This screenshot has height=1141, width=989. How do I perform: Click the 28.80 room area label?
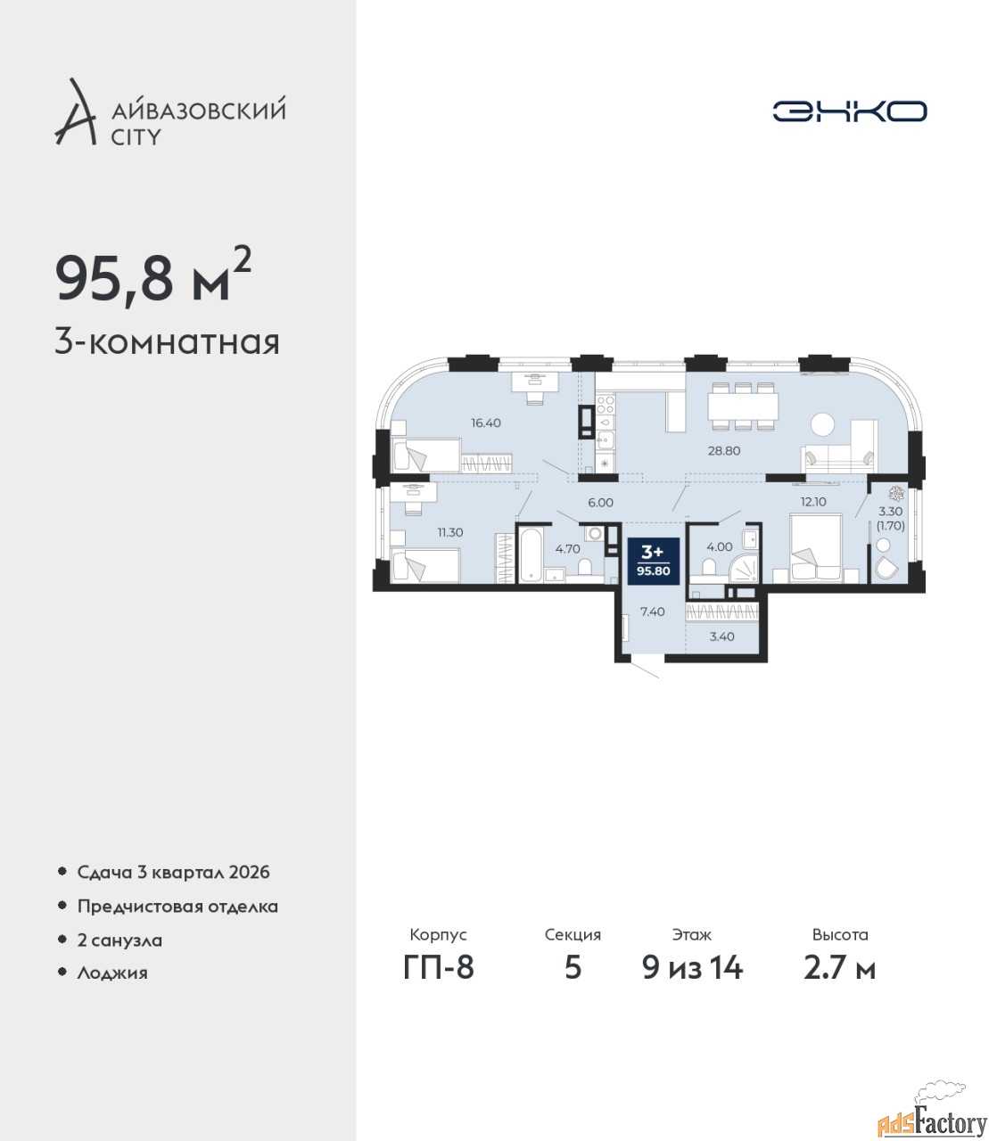[x=724, y=451]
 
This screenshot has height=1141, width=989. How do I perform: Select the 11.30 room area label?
[x=450, y=533]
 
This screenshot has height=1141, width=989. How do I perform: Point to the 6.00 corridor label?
[x=600, y=503]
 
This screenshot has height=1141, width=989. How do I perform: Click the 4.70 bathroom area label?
[x=568, y=549]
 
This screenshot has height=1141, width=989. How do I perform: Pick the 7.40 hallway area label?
[x=652, y=612]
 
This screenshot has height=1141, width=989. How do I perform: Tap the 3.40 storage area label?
[x=721, y=636]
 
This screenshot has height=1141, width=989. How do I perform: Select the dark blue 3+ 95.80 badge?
[x=654, y=562]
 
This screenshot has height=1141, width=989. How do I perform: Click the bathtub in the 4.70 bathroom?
[x=532, y=554]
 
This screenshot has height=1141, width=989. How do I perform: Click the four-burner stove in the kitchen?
[x=606, y=404]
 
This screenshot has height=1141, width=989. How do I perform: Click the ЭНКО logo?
[x=849, y=111]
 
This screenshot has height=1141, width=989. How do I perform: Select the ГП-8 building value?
[x=439, y=968]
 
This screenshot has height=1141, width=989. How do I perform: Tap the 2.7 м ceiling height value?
[x=839, y=968]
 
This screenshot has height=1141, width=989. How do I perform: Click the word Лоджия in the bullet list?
[x=112, y=973]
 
